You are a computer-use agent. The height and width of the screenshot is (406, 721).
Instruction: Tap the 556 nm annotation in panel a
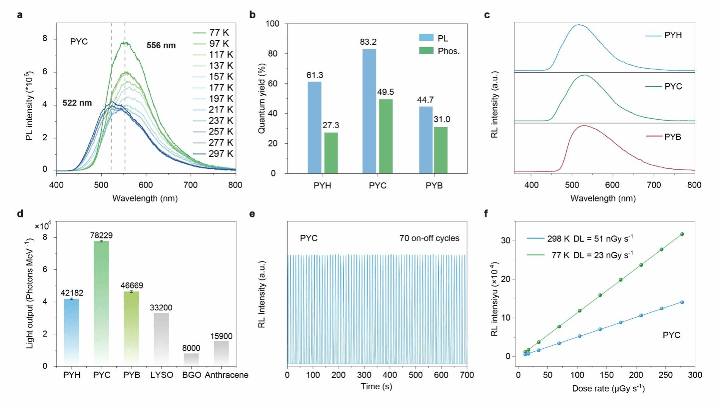pyautogui.click(x=161, y=46)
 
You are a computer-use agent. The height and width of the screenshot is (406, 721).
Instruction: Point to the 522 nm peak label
pyautogui.click(x=77, y=103)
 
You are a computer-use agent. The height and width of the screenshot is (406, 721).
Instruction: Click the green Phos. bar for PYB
pyautogui.click(x=440, y=150)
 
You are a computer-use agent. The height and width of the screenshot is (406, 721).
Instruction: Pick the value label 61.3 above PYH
pyautogui.click(x=315, y=75)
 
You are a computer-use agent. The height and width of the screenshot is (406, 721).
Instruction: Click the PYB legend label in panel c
pyautogui.click(x=672, y=137)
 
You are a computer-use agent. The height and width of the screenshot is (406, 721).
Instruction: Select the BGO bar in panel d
pyautogui.click(x=191, y=359)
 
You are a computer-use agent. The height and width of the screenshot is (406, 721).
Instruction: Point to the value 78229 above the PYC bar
pyautogui.click(x=101, y=235)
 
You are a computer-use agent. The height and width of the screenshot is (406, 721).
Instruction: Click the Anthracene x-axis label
pyautogui.click(x=227, y=375)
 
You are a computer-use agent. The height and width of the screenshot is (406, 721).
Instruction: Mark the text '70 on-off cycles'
pyautogui.click(x=429, y=238)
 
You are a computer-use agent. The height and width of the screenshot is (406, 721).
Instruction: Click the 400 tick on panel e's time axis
pyautogui.click(x=390, y=375)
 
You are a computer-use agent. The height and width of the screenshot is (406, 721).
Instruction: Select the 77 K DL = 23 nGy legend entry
pyautogui.click(x=591, y=255)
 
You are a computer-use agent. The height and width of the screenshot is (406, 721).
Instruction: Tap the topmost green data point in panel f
pyautogui.click(x=682, y=234)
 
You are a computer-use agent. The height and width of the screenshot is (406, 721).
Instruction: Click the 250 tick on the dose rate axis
pyautogui.click(x=665, y=375)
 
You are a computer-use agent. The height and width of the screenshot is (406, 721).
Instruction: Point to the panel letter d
pyautogui.click(x=20, y=214)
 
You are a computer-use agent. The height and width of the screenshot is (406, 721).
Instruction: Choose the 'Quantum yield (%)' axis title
pyautogui.click(x=262, y=98)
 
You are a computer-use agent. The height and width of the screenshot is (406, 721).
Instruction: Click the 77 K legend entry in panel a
pyautogui.click(x=219, y=33)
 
